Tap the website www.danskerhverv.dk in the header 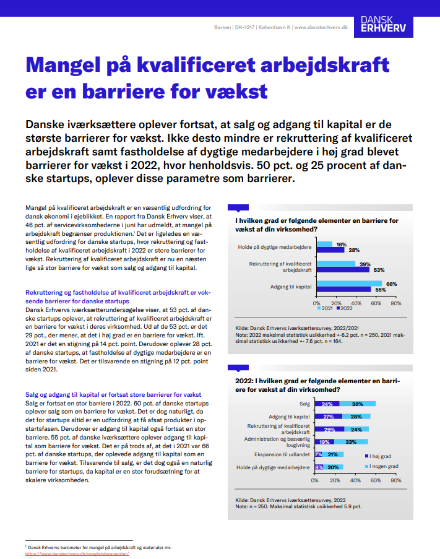pos(321,27)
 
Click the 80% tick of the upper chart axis pos(396,303)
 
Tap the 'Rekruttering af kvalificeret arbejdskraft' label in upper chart pos(280,267)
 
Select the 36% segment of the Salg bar pos(357,404)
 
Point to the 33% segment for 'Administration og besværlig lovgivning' pos(351,441)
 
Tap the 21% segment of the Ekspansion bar pos(332,454)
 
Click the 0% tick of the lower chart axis pos(314,480)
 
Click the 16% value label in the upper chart pos(341,245)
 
